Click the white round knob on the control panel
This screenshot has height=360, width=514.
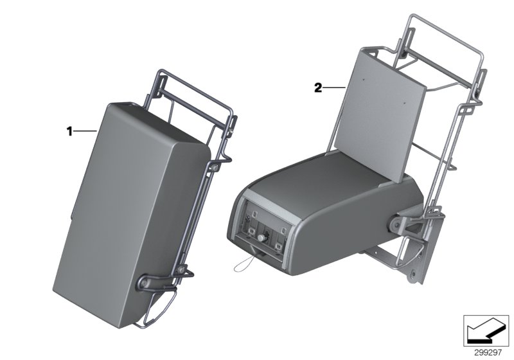pos(264,237)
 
